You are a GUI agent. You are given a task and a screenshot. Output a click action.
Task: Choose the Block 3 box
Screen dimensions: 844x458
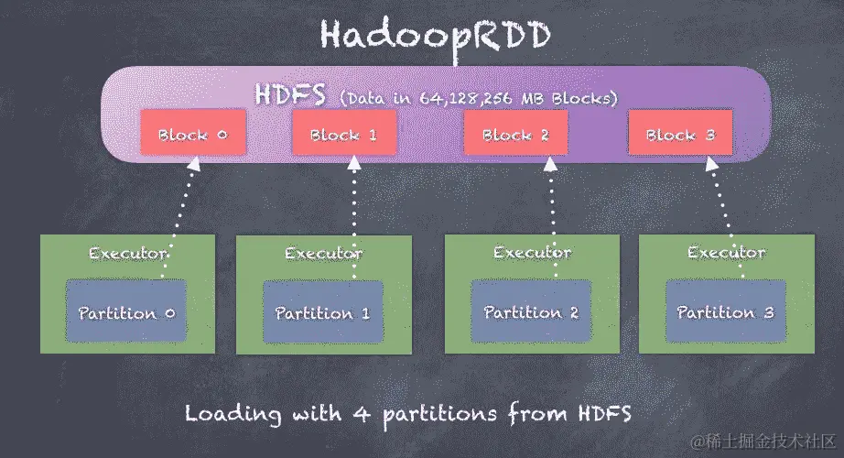click(679, 135)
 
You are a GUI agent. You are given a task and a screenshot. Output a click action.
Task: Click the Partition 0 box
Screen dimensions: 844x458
click(126, 313)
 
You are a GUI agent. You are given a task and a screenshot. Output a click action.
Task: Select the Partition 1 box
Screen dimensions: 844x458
click(322, 313)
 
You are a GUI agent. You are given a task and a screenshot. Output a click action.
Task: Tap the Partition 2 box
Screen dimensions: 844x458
click(531, 313)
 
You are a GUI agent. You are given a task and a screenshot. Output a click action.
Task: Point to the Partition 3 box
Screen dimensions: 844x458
click(725, 313)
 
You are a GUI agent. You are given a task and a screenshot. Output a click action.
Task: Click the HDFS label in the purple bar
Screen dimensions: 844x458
click(292, 94)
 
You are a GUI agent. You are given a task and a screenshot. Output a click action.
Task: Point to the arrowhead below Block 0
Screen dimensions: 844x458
click(193, 165)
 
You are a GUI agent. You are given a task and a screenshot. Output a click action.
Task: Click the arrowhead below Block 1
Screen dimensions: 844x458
click(353, 165)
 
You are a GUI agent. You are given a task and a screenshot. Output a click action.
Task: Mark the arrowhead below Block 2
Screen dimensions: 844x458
click(549, 165)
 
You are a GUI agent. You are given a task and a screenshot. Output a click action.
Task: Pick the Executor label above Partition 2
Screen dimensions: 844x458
click(532, 252)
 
